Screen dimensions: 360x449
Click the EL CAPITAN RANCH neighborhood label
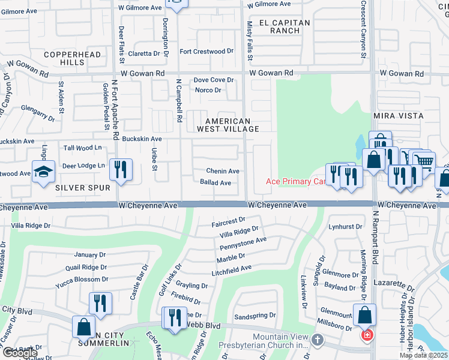click(285, 26)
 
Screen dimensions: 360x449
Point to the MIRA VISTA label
click(398, 115)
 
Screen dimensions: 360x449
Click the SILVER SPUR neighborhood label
click(83, 188)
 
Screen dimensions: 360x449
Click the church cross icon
click(318, 340)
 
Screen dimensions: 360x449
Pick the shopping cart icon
click(424, 161)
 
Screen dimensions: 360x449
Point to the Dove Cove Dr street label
click(213, 80)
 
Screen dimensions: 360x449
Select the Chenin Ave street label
click(223, 172)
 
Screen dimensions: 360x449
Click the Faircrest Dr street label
click(229, 222)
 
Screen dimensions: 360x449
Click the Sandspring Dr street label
click(255, 315)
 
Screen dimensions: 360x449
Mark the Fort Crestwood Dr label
click(206, 52)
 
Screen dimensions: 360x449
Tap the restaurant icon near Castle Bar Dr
click(100, 304)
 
